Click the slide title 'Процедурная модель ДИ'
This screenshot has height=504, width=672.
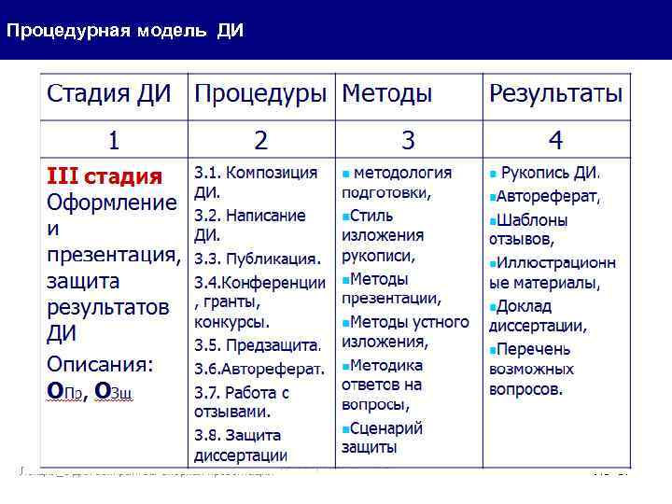(x=124, y=31)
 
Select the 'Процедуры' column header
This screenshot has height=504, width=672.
(x=260, y=94)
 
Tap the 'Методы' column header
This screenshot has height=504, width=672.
(x=387, y=94)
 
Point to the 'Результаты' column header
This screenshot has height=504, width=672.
(x=556, y=94)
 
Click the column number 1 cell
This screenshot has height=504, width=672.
(x=113, y=141)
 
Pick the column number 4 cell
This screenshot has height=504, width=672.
(x=555, y=141)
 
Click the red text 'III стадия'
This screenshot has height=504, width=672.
(x=105, y=175)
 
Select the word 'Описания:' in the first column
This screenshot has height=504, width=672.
(x=101, y=362)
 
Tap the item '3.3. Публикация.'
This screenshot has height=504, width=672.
(x=257, y=259)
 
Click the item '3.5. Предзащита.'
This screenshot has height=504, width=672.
(x=258, y=345)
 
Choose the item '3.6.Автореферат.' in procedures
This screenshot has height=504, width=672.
(x=259, y=368)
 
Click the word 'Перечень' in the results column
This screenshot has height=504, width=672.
(x=533, y=348)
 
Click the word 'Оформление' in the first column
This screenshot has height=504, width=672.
(x=112, y=203)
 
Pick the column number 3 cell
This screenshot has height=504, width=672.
(x=408, y=141)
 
